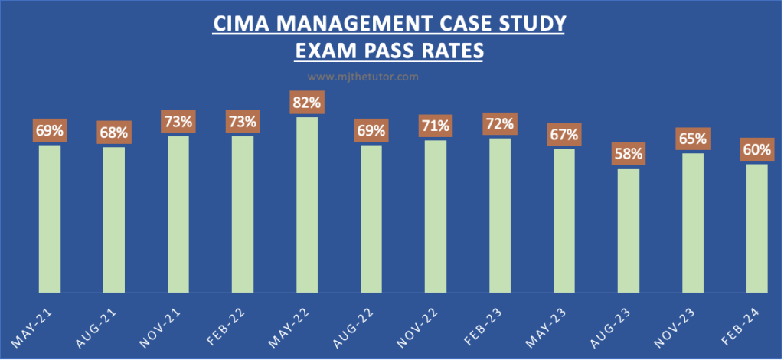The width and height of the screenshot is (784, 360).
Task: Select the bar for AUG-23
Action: pos(628,231)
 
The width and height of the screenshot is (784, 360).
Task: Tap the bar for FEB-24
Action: pos(756,228)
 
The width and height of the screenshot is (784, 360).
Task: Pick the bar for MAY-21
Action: pos(49,219)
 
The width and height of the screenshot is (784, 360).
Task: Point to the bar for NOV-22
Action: pos(435,217)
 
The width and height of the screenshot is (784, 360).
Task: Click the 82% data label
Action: pos(306,102)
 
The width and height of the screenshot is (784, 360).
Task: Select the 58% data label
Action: pos(628,153)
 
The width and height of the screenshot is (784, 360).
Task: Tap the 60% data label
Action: pos(756,149)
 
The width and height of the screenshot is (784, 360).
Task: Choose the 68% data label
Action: pos(113,132)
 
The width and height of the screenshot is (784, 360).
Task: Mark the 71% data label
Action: pos(435,125)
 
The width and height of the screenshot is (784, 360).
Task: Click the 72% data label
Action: pos(499,123)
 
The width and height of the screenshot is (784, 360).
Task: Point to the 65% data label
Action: pos(692,139)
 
